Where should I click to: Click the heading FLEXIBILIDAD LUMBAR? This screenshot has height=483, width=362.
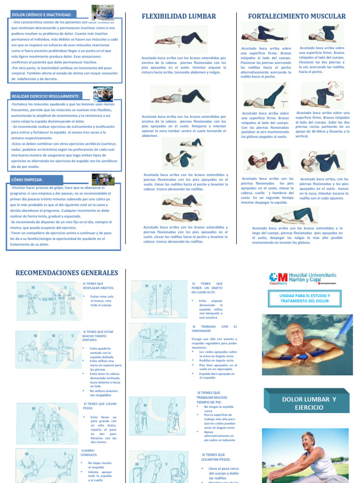click(179, 17)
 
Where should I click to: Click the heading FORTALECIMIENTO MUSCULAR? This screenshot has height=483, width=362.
click(297, 17)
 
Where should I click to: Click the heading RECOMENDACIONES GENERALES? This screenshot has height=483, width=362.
click(66, 273)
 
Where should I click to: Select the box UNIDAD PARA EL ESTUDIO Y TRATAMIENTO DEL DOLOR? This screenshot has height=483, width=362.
click(305, 299)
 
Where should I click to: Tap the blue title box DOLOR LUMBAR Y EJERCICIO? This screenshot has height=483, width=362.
click(309, 403)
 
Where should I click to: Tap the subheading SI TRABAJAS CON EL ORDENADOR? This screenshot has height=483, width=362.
click(214, 329)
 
